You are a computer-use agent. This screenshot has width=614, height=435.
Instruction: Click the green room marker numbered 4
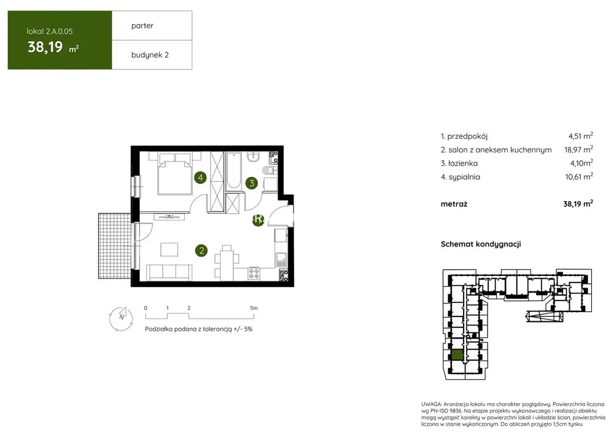[201, 178]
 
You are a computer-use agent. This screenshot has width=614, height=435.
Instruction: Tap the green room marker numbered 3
[252, 182]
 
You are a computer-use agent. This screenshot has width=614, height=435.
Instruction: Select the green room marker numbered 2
[201, 251]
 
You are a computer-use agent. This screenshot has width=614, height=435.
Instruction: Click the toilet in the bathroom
[270, 170]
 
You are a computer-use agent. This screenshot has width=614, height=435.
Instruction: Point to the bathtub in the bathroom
[234, 171]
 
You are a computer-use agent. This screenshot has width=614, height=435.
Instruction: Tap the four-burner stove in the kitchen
[254, 273]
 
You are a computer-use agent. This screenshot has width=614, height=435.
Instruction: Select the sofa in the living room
[169, 272]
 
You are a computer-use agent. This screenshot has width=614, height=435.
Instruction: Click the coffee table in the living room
[169, 249]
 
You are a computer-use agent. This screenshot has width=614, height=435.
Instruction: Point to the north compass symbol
[121, 318]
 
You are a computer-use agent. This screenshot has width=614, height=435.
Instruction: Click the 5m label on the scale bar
[254, 308]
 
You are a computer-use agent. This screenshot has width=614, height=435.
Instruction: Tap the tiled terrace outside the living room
[114, 246]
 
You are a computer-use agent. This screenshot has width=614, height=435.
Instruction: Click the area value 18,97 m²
[579, 149]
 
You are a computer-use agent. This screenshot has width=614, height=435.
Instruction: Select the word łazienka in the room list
[463, 163]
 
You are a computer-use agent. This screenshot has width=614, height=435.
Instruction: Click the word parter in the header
[142, 26]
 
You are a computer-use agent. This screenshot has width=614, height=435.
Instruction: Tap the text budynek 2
[150, 55]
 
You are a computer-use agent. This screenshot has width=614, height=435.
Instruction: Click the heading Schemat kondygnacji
[481, 244]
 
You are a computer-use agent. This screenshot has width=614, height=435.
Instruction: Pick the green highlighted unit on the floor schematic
[457, 355]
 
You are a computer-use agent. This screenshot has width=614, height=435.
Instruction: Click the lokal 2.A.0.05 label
[50, 31]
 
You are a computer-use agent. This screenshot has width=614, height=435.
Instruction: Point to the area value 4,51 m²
[581, 136]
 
